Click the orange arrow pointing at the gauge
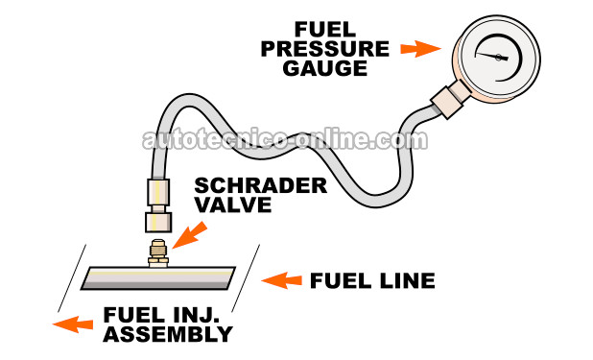[415, 48]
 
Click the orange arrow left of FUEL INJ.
[68, 324]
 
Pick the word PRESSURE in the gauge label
[341, 48]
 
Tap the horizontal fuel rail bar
[157, 277]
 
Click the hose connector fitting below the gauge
[448, 101]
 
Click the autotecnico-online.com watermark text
[284, 140]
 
